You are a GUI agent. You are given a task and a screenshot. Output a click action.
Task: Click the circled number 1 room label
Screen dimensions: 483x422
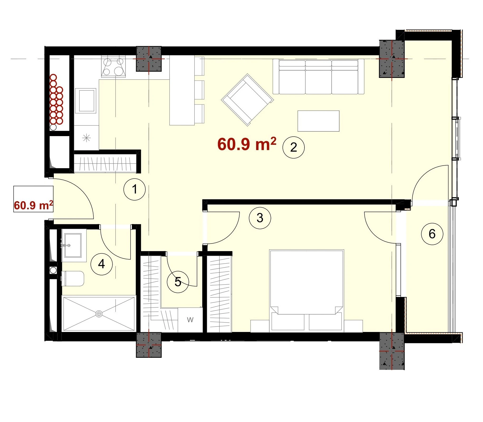pyautogui.click(x=135, y=189)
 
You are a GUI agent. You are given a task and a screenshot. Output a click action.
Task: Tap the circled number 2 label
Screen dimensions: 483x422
pyautogui.click(x=293, y=147)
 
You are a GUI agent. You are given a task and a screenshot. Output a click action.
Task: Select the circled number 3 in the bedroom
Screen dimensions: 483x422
pyautogui.click(x=260, y=218)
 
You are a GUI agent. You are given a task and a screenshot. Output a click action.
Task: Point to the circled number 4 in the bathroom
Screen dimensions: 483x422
pyautogui.click(x=102, y=264)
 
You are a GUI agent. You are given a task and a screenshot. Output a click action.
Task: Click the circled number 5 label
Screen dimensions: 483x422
pyautogui.click(x=178, y=282)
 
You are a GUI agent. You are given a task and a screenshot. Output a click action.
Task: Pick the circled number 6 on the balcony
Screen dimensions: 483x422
pyautogui.click(x=432, y=234)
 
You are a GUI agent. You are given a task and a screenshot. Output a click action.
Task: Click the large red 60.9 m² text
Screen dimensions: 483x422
pyautogui.click(x=247, y=144)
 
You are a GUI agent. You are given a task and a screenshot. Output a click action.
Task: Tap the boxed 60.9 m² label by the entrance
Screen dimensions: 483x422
pyautogui.click(x=34, y=199)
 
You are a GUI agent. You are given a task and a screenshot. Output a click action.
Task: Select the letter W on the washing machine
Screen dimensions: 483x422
pyautogui.click(x=190, y=320)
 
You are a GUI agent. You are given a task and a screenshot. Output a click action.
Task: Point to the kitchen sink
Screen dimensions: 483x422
pyautogui.click(x=85, y=101)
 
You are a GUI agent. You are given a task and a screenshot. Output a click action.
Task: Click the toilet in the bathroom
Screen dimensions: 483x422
pyautogui.click(x=73, y=279)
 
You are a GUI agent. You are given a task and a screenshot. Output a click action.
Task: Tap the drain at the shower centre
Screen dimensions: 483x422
pyautogui.click(x=99, y=314)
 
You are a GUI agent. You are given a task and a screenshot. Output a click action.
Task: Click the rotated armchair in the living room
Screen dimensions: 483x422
pyautogui.click(x=247, y=100)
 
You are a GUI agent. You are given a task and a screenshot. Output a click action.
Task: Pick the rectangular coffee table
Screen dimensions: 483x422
pyautogui.click(x=318, y=121)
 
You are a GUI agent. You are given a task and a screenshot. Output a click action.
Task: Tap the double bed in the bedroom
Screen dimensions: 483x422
pyautogui.click(x=307, y=290)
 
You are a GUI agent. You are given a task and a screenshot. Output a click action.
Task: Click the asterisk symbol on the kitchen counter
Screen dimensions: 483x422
pyautogui.click(x=87, y=138)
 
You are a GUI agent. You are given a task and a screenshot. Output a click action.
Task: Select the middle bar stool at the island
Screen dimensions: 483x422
pyautogui.click(x=199, y=90)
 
